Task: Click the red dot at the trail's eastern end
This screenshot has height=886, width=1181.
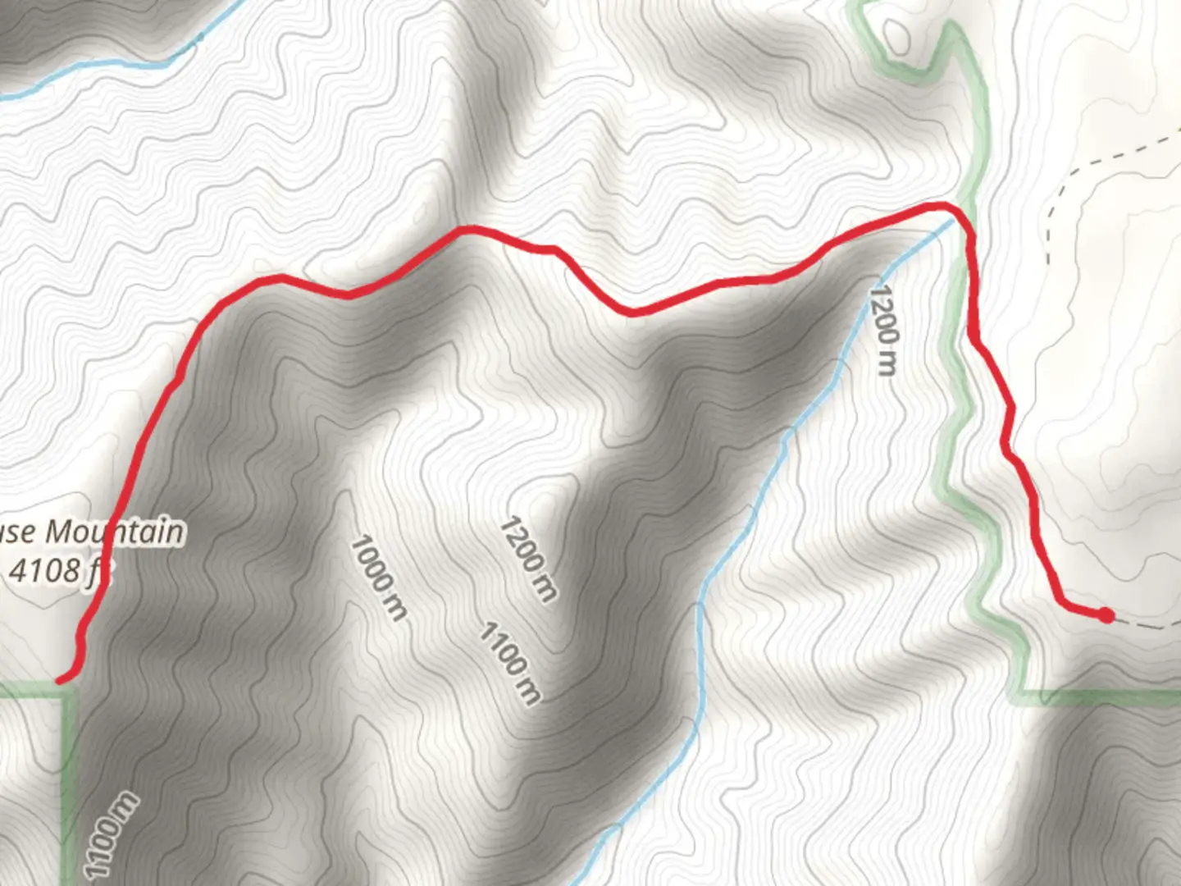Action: coord(1106,614)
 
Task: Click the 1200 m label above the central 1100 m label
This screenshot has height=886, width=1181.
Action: coord(528,558)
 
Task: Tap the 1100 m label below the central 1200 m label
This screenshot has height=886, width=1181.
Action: coord(509,663)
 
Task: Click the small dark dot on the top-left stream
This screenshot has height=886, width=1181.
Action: coord(199,37)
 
